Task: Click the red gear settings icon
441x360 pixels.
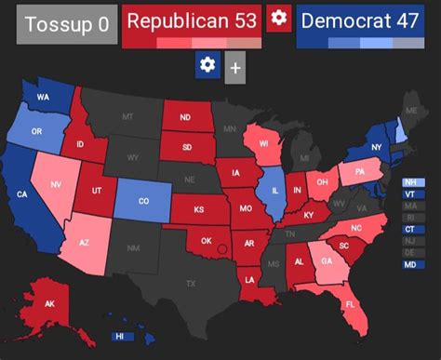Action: click(278, 19)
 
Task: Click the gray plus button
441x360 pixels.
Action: click(234, 68)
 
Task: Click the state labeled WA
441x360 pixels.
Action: click(43, 98)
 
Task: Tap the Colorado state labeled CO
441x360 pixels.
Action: click(142, 201)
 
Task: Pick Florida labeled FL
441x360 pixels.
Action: click(350, 304)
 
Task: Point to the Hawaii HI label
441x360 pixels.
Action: click(118, 337)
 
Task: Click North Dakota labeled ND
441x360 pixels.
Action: click(184, 118)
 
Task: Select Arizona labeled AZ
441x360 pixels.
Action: click(83, 243)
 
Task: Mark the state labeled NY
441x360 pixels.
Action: click(377, 148)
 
